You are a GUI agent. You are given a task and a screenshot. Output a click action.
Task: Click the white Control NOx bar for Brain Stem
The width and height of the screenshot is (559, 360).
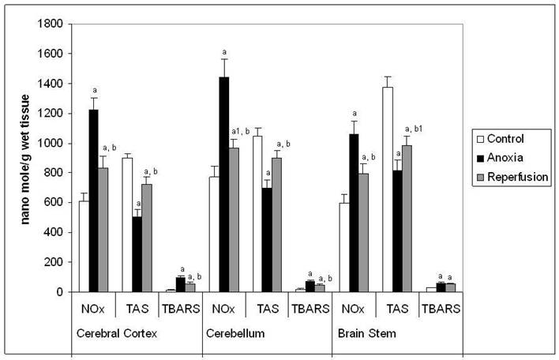click(343, 247)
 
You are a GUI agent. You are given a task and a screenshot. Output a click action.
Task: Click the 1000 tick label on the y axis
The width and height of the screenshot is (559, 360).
click(51, 143)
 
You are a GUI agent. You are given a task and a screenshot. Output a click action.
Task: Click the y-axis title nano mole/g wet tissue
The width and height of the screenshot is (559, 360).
click(26, 158)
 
